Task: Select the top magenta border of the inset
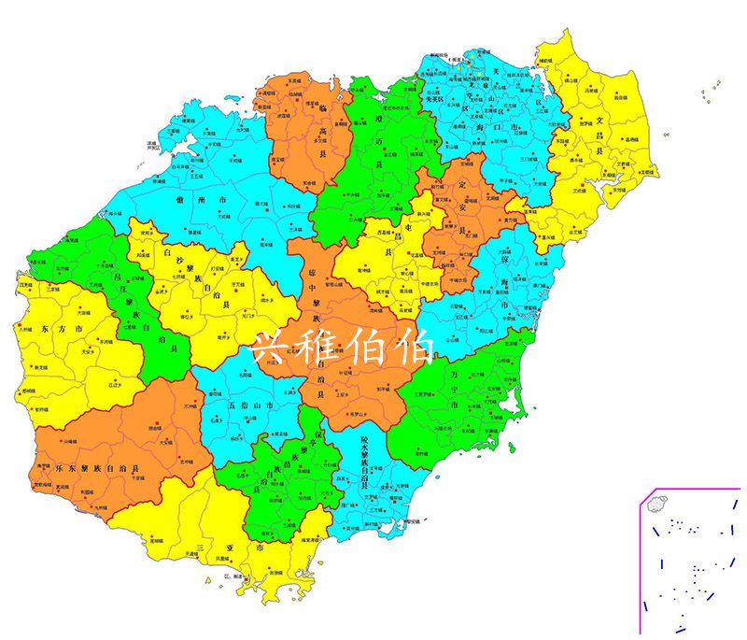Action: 691,488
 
